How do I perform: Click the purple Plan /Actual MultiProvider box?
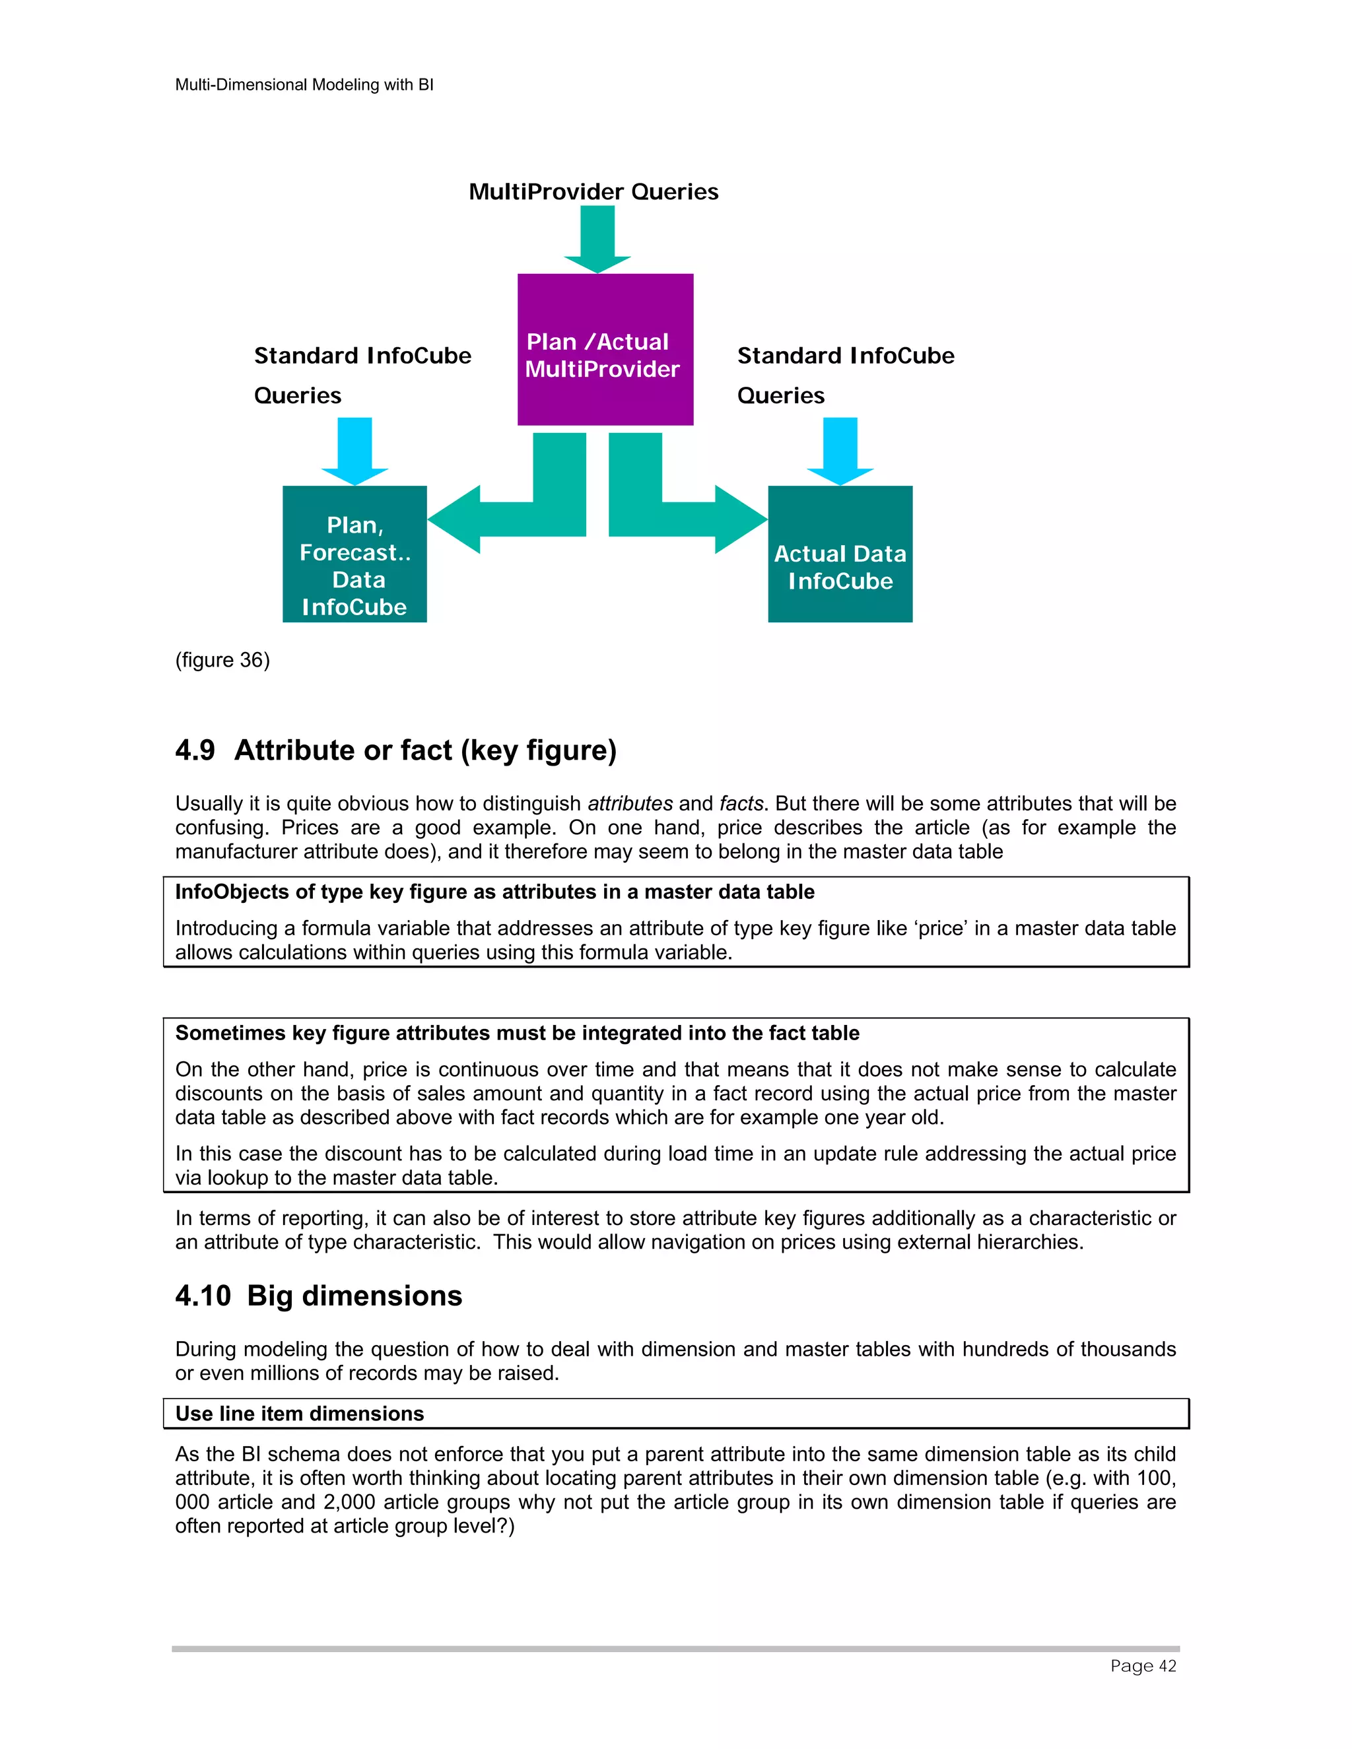coord(605,349)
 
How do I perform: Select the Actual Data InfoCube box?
coord(840,554)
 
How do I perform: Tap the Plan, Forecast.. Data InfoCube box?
coord(354,554)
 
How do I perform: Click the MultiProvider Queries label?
coord(593,192)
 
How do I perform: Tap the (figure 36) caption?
coord(222,660)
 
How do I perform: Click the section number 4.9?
coord(195,750)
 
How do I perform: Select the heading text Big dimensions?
coord(354,1296)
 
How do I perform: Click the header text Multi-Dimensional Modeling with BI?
coord(304,85)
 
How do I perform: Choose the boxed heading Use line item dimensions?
coord(300,1414)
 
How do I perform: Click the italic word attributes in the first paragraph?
coord(630,803)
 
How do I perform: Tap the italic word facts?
coord(741,803)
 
